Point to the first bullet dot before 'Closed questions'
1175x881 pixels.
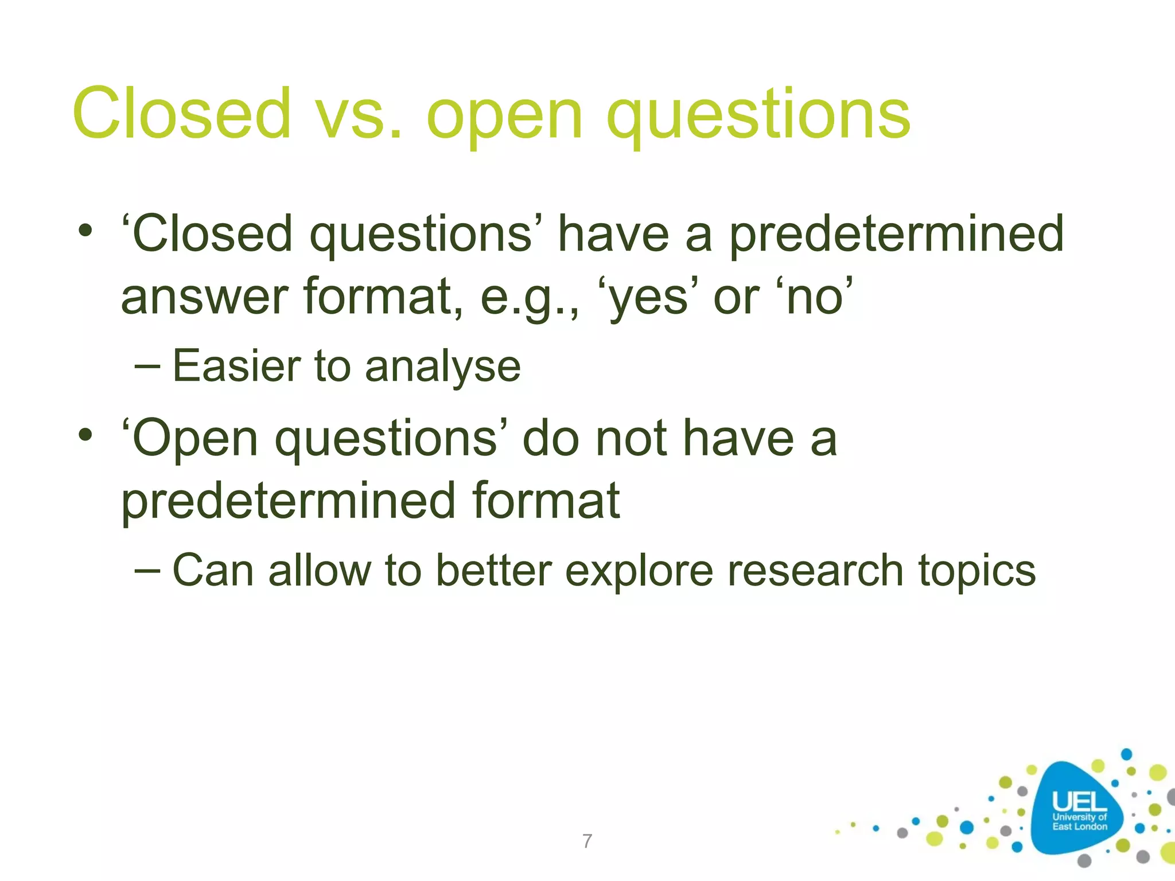(85, 232)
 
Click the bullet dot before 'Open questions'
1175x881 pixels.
(85, 436)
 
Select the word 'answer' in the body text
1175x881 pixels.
(204, 298)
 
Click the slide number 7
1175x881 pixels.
(587, 841)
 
